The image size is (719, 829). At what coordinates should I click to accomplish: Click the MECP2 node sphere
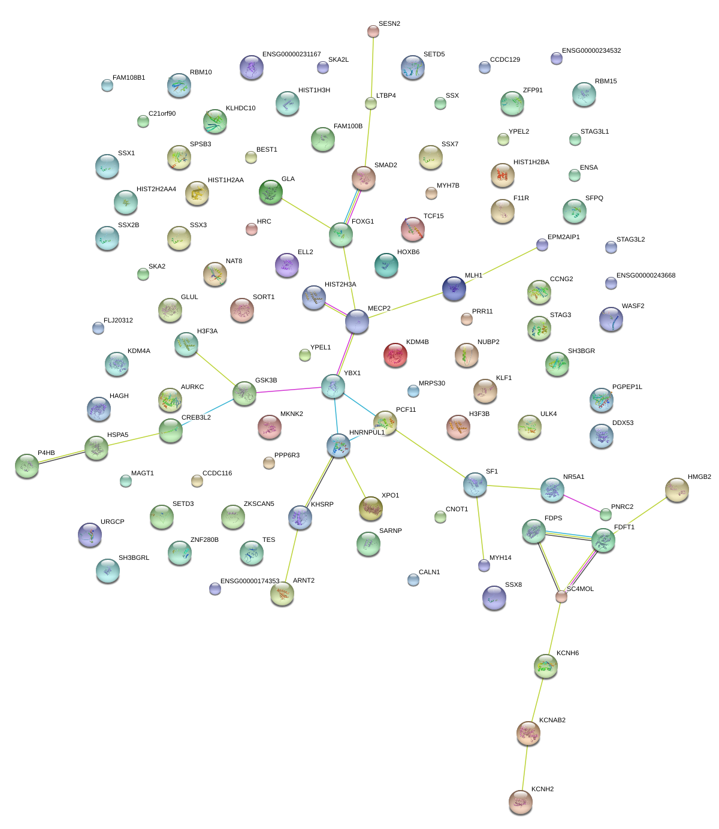tap(357, 322)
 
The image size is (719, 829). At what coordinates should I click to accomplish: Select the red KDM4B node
tap(395, 355)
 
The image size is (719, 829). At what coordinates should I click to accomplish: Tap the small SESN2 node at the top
tap(373, 31)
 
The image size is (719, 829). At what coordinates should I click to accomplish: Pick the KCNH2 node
tap(521, 802)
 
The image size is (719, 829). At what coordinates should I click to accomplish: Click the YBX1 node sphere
tap(333, 386)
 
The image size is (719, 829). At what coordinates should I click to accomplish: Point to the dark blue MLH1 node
tap(454, 288)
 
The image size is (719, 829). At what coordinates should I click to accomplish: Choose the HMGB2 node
tap(677, 490)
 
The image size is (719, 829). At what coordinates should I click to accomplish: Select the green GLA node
tap(271, 192)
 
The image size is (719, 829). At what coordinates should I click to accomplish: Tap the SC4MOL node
tap(561, 596)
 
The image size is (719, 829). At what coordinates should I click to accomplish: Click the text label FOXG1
tap(362, 222)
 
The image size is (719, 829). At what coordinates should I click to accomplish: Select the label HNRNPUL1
tap(367, 433)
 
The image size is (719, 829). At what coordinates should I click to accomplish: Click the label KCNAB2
tap(552, 721)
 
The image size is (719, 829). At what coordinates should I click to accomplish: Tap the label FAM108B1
tap(129, 78)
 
